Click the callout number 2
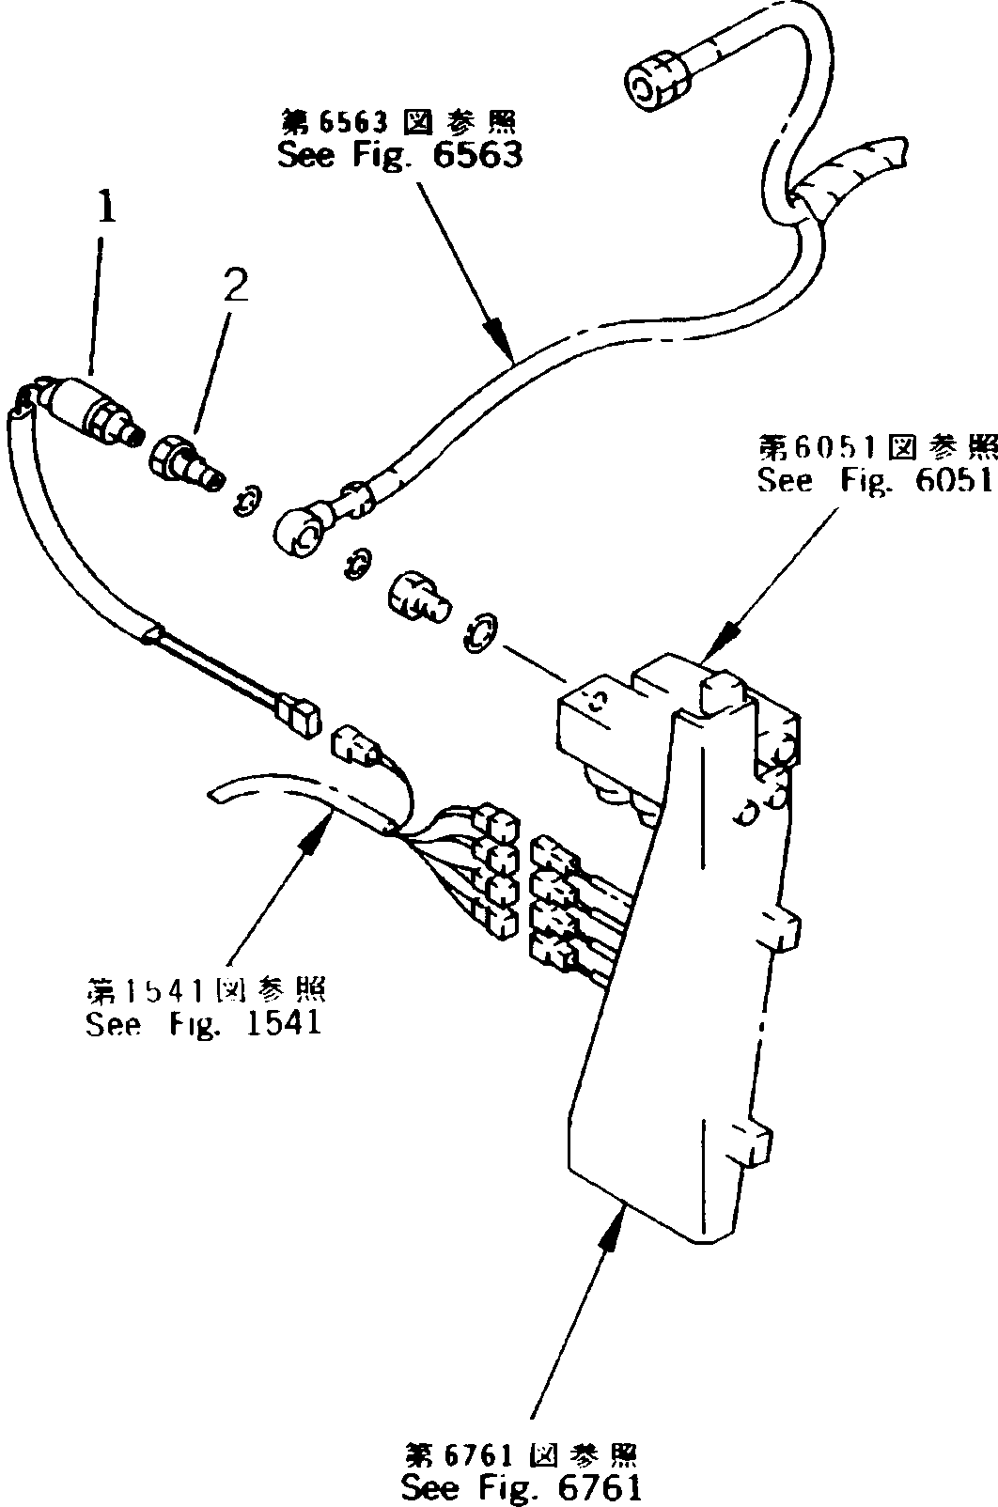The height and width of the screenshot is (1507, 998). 235,285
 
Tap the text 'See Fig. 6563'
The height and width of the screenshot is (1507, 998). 399,156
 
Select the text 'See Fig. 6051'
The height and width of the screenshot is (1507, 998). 875,481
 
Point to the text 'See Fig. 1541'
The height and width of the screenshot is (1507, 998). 203,1021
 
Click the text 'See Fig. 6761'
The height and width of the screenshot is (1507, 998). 522,1487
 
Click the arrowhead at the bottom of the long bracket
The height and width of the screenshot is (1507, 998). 611,1221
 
